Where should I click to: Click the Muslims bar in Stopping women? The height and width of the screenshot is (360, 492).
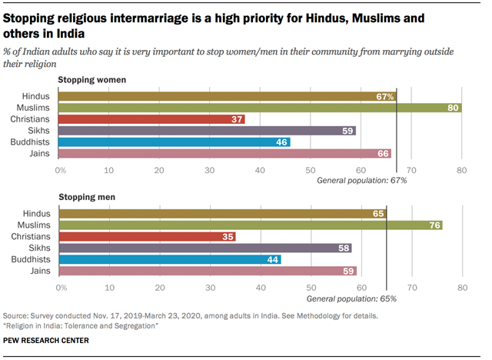260,108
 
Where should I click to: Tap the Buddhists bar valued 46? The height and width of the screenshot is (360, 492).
175,142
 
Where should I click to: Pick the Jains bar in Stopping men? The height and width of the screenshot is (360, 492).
207,271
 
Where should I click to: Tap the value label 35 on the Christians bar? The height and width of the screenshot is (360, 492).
228,236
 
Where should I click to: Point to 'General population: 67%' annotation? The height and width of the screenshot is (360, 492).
362,179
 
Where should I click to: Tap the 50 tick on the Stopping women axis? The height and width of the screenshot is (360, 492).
311,168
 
